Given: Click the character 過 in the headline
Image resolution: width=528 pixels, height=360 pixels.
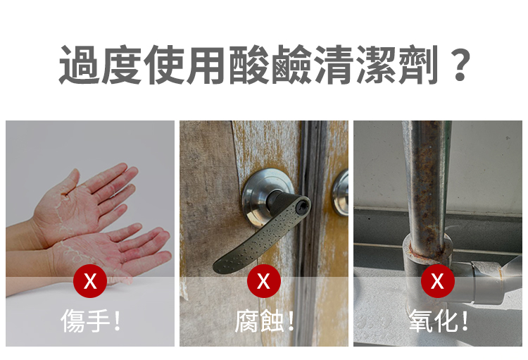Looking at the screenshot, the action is (80, 64).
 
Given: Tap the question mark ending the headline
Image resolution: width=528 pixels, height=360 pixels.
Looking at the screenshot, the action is (460, 65).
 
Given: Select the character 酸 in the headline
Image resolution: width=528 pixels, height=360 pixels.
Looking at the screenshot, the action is (249, 64).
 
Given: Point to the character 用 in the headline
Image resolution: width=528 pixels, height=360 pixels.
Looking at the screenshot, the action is (206, 64).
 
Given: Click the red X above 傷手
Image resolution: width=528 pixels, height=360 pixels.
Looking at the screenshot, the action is (90, 281).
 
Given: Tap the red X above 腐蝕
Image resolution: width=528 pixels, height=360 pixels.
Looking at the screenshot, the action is (264, 281).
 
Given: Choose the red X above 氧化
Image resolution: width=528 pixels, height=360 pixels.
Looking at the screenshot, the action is (437, 281).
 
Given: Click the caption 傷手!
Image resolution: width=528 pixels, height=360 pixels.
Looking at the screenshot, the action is (91, 321).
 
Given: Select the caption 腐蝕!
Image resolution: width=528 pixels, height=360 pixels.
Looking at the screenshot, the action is (264, 321).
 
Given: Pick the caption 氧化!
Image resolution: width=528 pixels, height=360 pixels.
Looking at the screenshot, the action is (438, 321).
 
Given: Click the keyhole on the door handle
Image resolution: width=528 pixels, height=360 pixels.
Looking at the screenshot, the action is (303, 206).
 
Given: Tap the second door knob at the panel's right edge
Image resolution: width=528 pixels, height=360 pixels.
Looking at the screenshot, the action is (340, 193).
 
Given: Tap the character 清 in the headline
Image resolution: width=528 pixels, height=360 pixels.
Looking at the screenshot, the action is (334, 64).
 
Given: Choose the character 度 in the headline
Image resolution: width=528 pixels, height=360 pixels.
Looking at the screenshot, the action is (122, 64).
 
